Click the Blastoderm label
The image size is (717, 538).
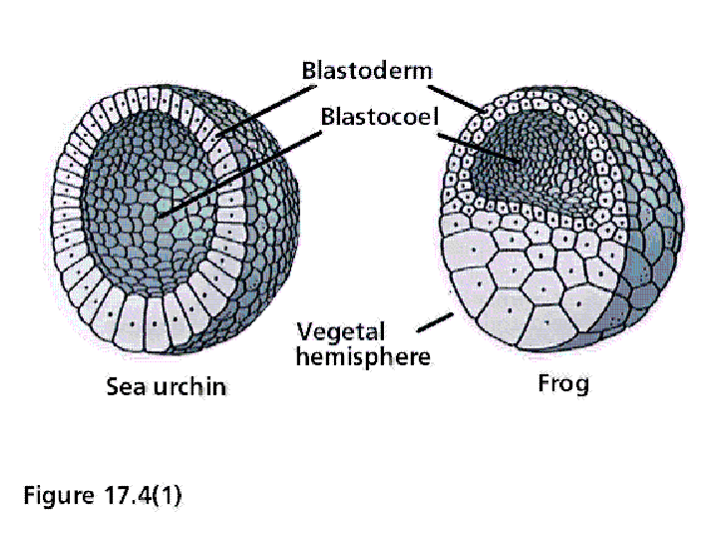[367, 71]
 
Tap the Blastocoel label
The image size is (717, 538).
[380, 117]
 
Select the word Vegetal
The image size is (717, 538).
[341, 332]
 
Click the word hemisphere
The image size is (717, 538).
[363, 357]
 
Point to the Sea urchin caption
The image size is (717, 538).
[166, 386]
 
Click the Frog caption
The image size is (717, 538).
[563, 383]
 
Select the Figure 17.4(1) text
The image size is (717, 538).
[103, 495]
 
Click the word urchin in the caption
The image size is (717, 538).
[189, 386]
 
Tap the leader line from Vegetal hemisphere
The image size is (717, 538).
[436, 322]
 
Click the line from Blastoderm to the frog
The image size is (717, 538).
[458, 99]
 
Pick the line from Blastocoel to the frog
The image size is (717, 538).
[479, 148]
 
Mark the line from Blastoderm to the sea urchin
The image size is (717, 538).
[265, 111]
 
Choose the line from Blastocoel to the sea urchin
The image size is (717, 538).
[239, 175]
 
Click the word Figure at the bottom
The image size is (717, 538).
[59, 495]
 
